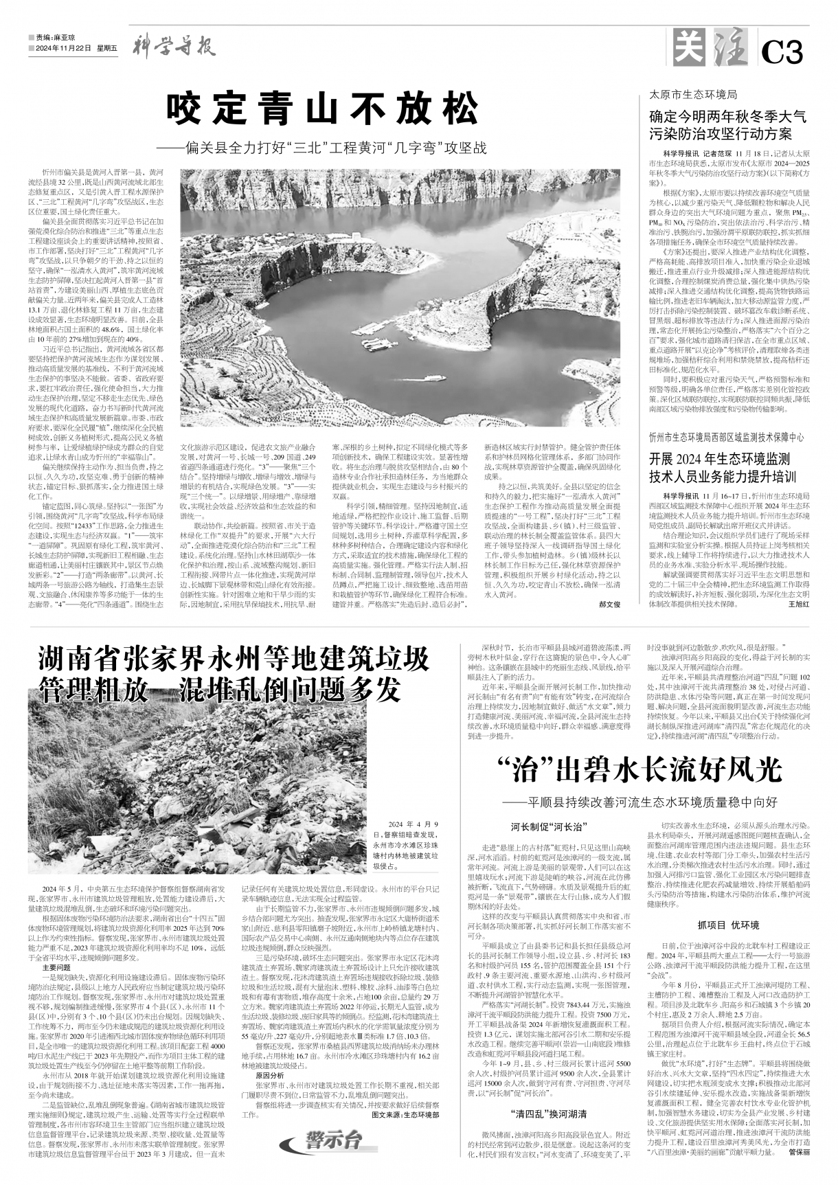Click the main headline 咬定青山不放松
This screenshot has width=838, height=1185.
coord(323,109)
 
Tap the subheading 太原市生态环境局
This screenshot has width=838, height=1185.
coord(694,94)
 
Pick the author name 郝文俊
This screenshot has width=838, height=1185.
coord(609,605)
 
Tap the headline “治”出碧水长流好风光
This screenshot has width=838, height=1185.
coord(639,769)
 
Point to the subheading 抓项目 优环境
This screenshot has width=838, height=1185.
coord(728,924)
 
